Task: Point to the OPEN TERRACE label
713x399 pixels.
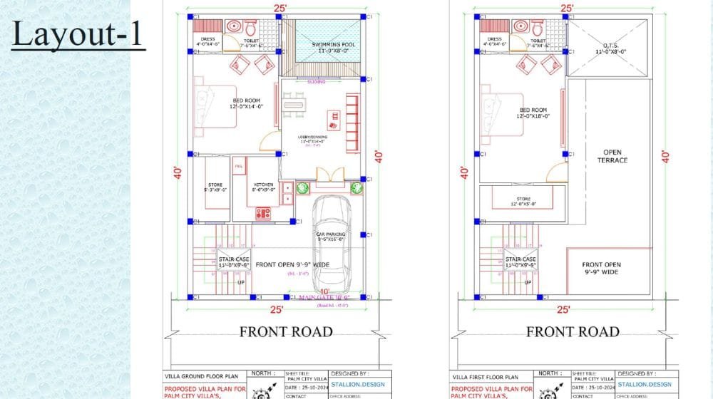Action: pyautogui.click(x=612, y=156)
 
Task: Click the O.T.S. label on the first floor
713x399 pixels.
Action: pyautogui.click(x=608, y=48)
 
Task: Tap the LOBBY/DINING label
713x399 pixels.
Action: pyautogui.click(x=314, y=138)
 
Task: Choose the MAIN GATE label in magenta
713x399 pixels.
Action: pyautogui.click(x=324, y=297)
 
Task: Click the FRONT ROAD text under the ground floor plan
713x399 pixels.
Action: pyautogui.click(x=286, y=331)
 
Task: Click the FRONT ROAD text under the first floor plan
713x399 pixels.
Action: pyautogui.click(x=573, y=331)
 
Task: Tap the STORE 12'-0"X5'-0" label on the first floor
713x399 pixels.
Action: pyautogui.click(x=524, y=202)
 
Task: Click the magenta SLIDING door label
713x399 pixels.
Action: pyautogui.click(x=316, y=82)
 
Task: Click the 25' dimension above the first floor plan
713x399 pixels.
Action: pyautogui.click(x=567, y=8)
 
